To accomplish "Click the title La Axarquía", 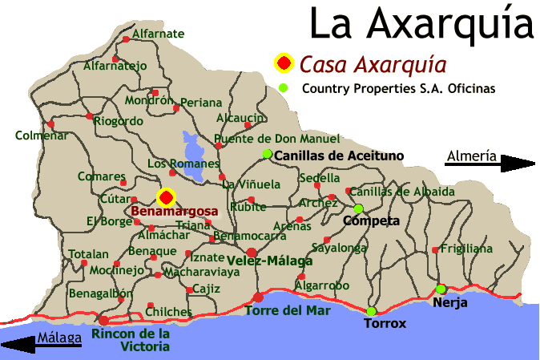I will tap(421, 24).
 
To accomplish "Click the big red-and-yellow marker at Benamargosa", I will tap(166, 197).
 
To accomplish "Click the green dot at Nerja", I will tap(441, 289).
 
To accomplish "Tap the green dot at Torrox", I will tap(371, 311).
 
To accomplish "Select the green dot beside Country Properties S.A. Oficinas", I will tap(282, 87).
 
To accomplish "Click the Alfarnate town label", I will tap(158, 34).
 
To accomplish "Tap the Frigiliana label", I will tap(466, 249).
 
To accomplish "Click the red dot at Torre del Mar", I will tap(258, 297).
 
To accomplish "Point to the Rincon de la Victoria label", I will tap(131, 340).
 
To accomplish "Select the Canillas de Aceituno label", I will tap(338, 155).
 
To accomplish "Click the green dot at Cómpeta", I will tap(358, 208).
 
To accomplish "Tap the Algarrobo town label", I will tap(322, 285).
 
